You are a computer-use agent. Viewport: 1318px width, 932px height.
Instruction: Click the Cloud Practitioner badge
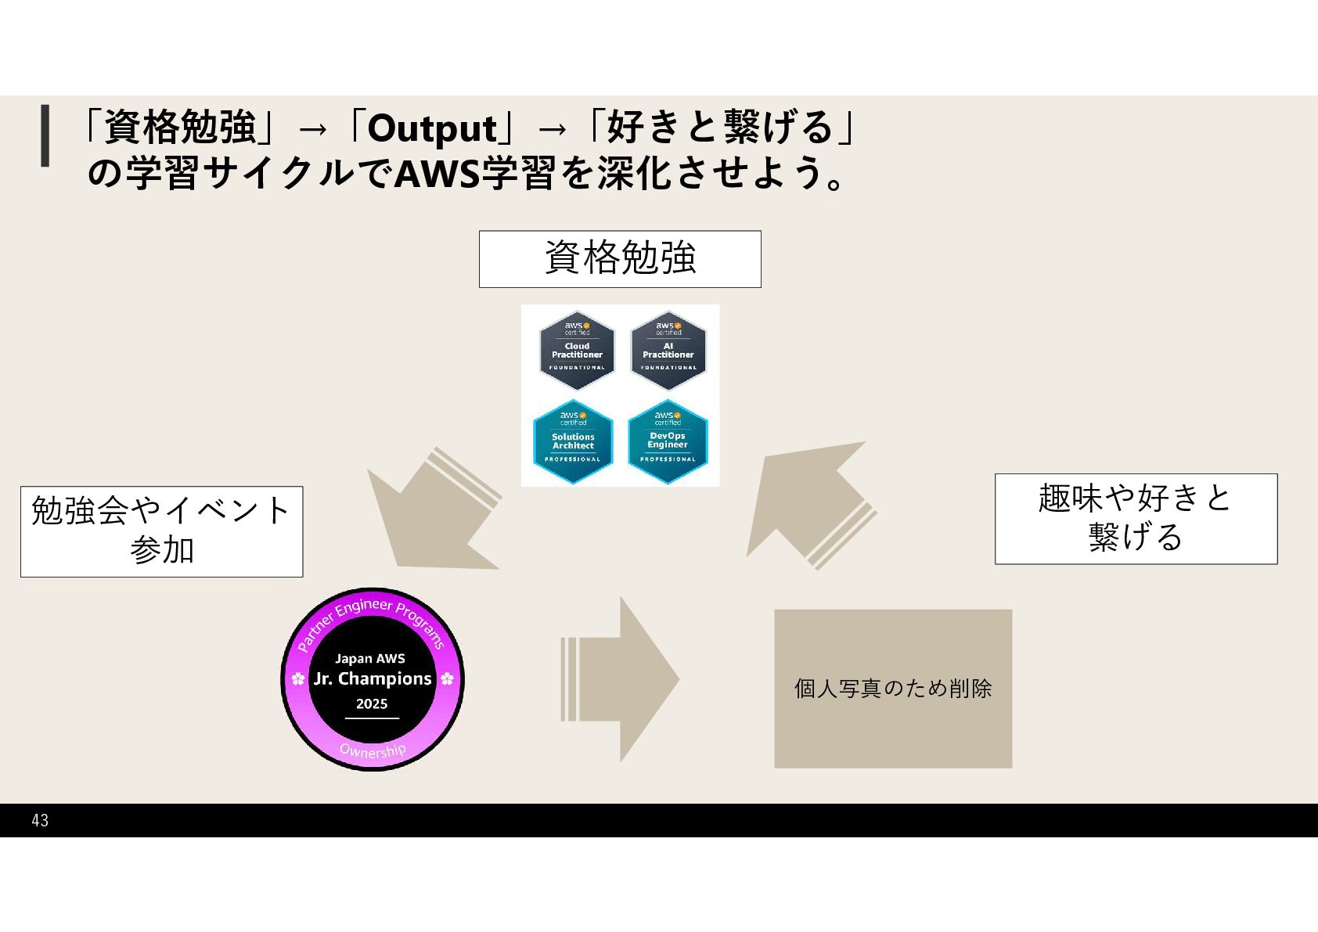point(577,351)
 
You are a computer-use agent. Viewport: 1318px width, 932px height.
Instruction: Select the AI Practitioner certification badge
point(668,351)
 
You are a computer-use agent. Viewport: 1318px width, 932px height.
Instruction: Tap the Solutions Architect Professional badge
point(573,442)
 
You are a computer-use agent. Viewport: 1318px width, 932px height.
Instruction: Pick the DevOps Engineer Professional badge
point(668,442)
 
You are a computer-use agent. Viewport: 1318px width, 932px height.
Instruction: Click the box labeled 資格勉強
point(620,259)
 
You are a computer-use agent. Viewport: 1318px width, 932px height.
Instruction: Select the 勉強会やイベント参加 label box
point(161,531)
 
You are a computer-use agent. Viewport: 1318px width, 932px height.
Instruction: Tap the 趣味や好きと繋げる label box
point(1136,518)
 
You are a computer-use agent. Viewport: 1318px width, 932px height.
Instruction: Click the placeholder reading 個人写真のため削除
point(893,689)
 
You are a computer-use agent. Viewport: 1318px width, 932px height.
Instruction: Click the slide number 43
point(40,820)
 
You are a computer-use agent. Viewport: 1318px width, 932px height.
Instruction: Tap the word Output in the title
point(431,128)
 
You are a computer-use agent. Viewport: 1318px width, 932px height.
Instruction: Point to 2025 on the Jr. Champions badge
point(372,703)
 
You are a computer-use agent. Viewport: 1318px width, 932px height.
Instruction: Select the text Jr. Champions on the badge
point(373,678)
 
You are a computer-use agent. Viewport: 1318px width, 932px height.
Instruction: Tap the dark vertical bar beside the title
point(45,135)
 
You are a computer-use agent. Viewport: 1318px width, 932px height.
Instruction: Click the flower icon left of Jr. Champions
point(298,678)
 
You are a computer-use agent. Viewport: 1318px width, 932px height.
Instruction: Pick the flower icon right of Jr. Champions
point(447,678)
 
